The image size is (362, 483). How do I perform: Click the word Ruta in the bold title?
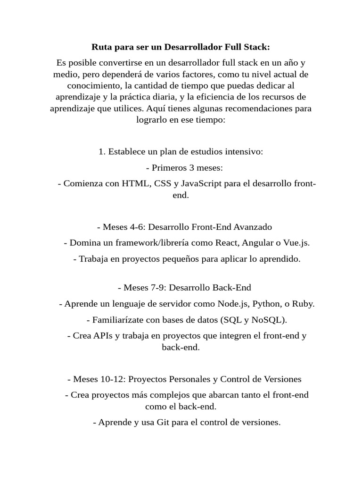click(x=101, y=48)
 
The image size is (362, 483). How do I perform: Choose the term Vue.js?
click(x=296, y=243)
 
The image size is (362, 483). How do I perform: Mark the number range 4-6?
click(x=136, y=227)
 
